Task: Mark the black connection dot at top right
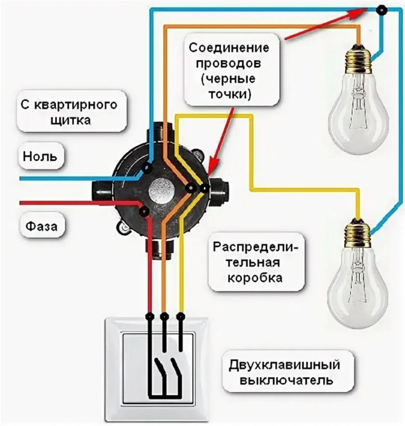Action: (381, 10)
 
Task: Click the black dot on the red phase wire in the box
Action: (143, 211)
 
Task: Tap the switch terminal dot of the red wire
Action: (150, 316)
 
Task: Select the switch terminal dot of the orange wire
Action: (165, 316)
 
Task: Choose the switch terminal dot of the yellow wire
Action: (180, 316)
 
